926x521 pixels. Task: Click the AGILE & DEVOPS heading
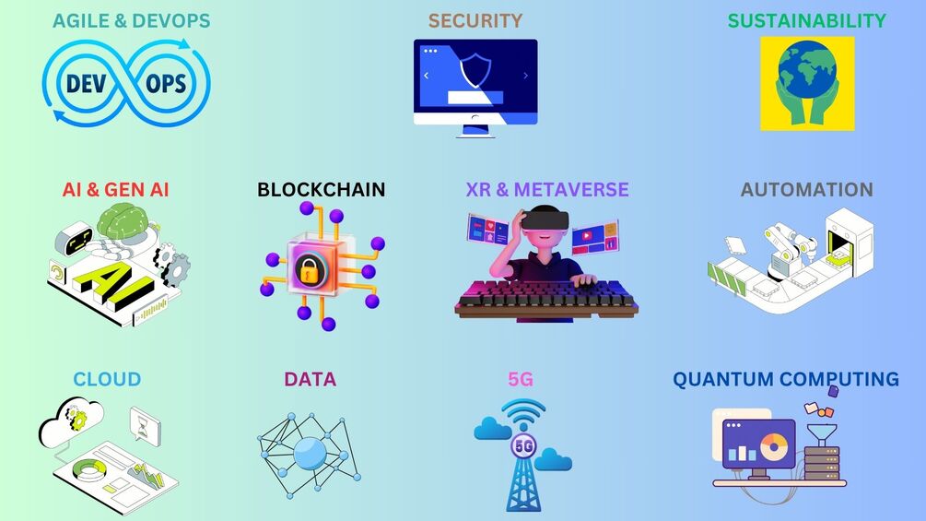click(131, 20)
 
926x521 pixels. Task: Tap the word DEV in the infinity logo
click(89, 85)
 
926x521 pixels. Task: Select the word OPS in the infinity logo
click(166, 85)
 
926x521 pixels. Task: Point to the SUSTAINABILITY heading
click(806, 20)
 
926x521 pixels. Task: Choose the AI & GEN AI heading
click(115, 190)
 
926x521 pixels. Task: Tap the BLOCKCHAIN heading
click(321, 190)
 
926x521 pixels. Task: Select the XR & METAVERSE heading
click(547, 190)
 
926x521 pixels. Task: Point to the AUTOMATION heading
click(806, 190)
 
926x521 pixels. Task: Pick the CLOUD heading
click(107, 379)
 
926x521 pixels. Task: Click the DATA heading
click(310, 379)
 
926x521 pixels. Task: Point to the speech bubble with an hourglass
click(145, 424)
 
